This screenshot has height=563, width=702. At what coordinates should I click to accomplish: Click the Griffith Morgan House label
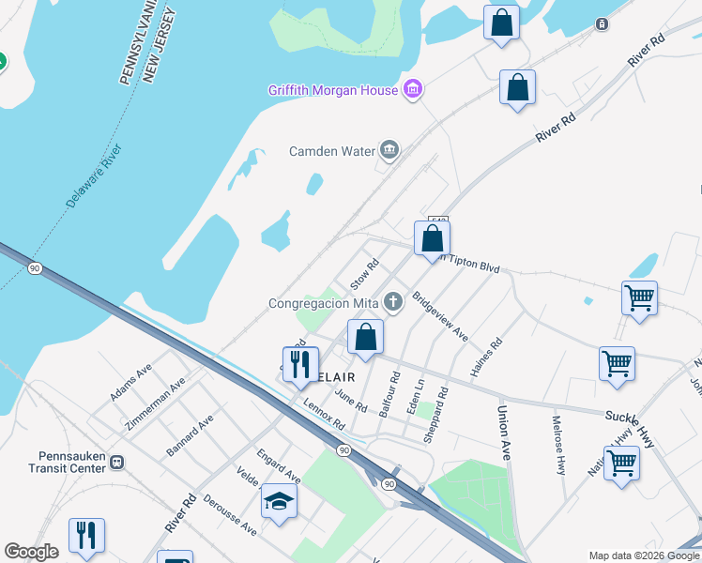(x=332, y=90)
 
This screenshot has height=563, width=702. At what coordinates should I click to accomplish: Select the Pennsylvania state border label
(x=129, y=43)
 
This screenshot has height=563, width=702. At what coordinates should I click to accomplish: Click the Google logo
(x=31, y=552)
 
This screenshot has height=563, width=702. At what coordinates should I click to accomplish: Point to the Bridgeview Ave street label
(x=440, y=319)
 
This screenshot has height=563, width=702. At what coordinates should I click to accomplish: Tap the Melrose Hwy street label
(x=558, y=445)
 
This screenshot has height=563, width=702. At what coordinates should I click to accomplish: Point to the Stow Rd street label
(x=364, y=274)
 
